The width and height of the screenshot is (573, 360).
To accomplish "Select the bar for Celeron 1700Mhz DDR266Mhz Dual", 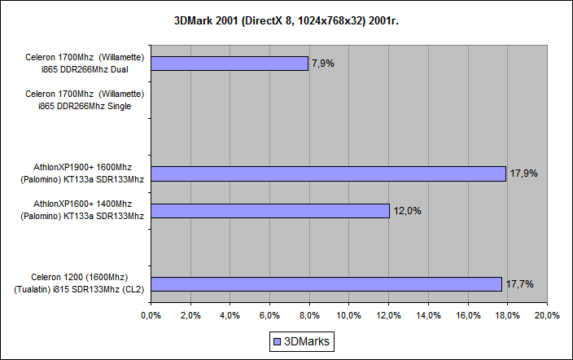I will coord(229,64).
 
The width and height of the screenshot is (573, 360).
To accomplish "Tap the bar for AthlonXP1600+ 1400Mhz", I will coord(269,210).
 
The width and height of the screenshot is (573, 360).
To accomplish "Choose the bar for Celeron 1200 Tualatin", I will coord(326,283).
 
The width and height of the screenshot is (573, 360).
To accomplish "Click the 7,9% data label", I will coord(323,63).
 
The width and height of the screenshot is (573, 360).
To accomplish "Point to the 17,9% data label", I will coord(523,173).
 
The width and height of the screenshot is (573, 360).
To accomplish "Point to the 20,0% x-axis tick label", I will coord(546,315).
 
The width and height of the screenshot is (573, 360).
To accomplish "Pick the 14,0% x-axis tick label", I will coord(427,315).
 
